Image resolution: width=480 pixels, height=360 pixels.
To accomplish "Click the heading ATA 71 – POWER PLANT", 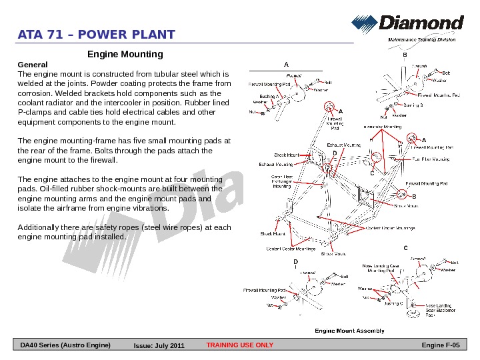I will click(97, 35).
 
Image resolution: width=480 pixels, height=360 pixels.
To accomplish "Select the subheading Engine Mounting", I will click(125, 53).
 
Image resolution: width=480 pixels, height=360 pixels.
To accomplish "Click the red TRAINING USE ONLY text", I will click(240, 345).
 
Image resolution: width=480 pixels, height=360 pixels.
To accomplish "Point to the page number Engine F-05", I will click(441, 345).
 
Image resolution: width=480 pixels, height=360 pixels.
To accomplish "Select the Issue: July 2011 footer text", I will click(159, 346).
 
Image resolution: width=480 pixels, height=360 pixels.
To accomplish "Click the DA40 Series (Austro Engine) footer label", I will click(65, 345).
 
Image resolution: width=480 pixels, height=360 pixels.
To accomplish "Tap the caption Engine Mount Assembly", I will click(349, 331).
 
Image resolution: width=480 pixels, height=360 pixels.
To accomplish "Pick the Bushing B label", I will click(413, 105).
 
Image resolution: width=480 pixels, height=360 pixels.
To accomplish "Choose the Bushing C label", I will click(393, 304).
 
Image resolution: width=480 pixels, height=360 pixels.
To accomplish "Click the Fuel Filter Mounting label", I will click(431, 159).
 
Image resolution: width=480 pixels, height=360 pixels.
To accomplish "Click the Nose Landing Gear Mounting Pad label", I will click(381, 268).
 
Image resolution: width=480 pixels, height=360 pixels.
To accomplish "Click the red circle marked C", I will click(375, 157).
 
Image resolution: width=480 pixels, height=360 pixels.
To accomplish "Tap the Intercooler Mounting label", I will click(383, 126).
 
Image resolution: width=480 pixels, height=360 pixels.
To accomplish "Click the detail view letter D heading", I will click(294, 262).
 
